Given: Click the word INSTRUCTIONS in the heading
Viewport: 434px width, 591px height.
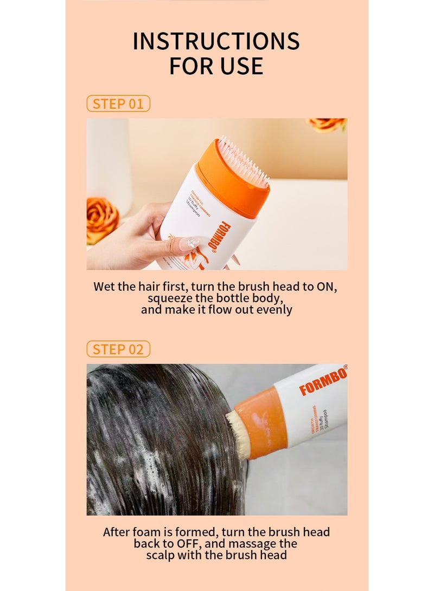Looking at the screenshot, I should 216,42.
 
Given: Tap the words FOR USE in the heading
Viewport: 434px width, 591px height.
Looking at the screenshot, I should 216,66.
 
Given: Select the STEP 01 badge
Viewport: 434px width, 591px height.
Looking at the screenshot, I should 118,104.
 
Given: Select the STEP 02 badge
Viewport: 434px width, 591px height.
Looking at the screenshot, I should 118,349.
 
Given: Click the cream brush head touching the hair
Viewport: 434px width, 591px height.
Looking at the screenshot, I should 238,433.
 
